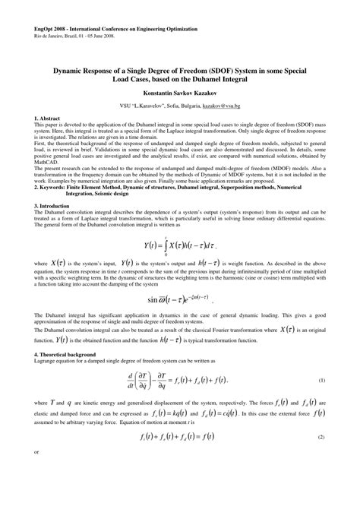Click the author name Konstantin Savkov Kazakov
pos(180,90)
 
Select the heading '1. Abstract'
pos(49,119)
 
